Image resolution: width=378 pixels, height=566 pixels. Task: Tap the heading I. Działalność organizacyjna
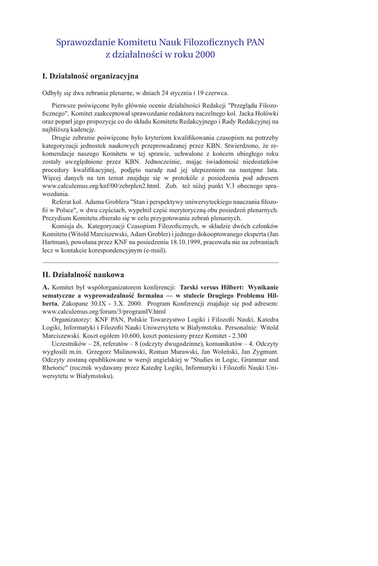[x=90, y=76]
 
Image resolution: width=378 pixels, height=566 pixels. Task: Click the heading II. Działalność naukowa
[x=83, y=274]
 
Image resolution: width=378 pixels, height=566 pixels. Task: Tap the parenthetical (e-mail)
[x=153, y=250]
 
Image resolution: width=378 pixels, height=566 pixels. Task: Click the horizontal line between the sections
[x=160, y=262]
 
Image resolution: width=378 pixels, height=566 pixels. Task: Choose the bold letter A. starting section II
[x=46, y=287]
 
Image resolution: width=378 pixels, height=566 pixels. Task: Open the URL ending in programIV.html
[x=103, y=311]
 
